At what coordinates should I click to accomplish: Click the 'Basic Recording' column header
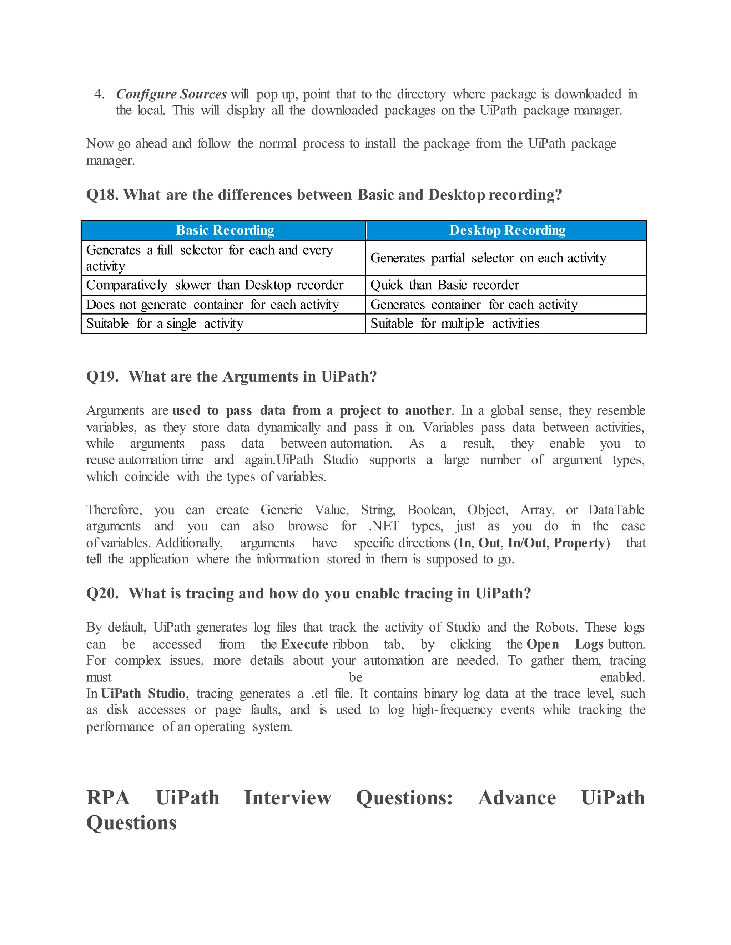225,230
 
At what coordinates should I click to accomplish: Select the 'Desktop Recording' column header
507,230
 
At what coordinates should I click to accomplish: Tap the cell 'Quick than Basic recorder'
445,285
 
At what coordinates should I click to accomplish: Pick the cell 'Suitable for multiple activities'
455,324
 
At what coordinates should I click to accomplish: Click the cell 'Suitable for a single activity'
165,324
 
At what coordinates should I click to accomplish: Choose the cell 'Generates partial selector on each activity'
488,258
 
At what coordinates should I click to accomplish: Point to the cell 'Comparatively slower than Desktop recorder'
215,285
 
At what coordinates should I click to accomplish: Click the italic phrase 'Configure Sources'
171,94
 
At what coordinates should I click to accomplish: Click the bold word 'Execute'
304,644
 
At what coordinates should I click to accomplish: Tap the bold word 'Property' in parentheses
579,543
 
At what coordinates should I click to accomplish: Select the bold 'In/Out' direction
526,543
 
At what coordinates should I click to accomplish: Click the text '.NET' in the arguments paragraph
383,526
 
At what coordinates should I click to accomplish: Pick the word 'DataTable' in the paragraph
616,510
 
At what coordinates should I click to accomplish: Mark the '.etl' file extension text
319,694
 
